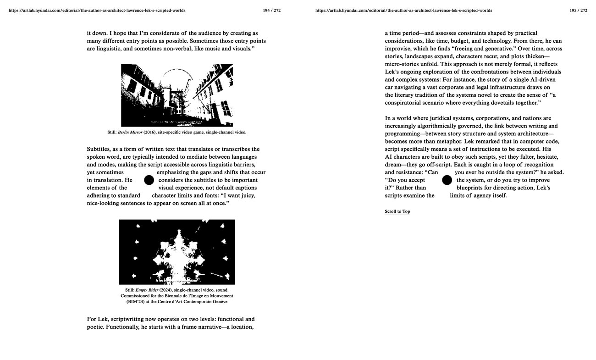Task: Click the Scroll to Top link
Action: tap(397, 211)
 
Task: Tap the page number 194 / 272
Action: tap(272, 10)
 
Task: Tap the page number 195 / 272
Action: tap(578, 10)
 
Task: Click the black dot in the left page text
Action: tap(149, 180)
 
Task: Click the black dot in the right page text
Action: tap(447, 180)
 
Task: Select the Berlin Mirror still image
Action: tap(177, 95)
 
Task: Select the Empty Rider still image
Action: tap(177, 252)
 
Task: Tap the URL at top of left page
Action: tap(97, 10)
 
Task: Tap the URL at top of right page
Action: tap(403, 10)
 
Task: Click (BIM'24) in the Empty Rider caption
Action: tap(136, 302)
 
